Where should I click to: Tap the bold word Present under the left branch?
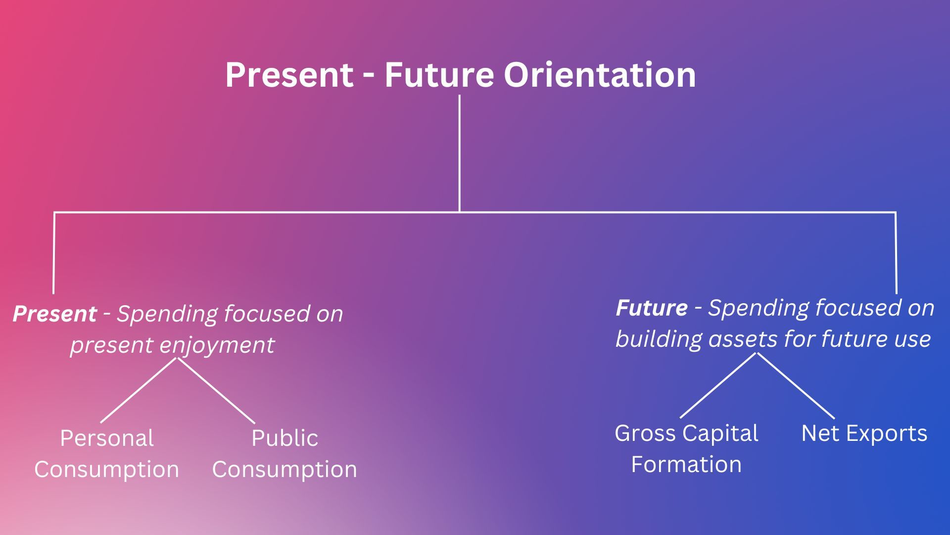click(54, 314)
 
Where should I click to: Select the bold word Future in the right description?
click(652, 308)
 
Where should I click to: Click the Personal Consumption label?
click(106, 454)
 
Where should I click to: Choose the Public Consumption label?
click(285, 454)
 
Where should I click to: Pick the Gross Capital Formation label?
click(686, 449)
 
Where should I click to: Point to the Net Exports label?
click(864, 433)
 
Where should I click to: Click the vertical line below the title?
click(460, 154)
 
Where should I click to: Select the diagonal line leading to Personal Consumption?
click(139, 390)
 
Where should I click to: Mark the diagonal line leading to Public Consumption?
click(216, 390)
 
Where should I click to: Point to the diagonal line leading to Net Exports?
click(796, 385)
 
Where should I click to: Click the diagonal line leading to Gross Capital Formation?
click(718, 385)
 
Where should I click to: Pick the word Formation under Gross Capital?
click(686, 465)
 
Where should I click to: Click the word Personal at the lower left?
click(107, 438)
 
